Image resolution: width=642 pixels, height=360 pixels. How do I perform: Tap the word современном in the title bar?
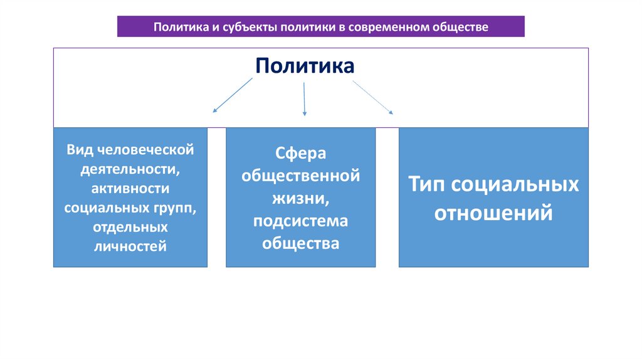(x=393, y=28)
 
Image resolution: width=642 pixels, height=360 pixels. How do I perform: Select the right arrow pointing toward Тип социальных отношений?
(x=373, y=97)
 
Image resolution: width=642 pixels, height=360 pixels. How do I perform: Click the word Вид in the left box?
(x=81, y=150)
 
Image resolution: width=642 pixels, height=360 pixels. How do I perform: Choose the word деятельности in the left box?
(x=130, y=169)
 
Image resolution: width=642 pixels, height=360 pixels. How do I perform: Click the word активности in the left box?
(x=130, y=189)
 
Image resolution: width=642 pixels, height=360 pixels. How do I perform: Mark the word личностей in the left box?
(x=130, y=246)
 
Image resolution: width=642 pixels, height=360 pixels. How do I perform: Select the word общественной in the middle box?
(x=300, y=176)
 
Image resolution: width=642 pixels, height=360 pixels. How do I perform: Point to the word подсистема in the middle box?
(x=300, y=221)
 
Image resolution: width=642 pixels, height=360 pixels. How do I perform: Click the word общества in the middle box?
(x=300, y=243)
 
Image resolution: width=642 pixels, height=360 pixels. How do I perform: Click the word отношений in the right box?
(x=493, y=213)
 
